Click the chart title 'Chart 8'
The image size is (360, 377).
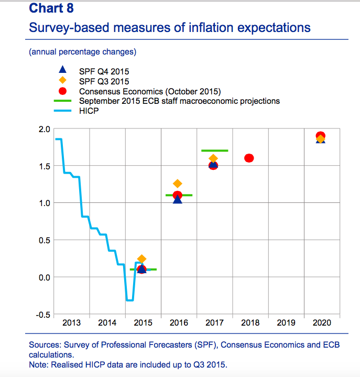pos(51,8)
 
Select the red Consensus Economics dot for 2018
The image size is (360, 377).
pos(249,158)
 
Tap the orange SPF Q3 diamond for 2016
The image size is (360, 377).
pos(178,184)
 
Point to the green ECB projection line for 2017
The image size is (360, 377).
pos(214,150)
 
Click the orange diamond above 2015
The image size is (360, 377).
pos(141,259)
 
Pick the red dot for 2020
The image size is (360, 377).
pos(321,136)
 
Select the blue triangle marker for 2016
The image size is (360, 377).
pos(178,200)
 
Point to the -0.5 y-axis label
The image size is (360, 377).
pos(43,315)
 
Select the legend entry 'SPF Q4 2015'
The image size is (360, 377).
pos(104,71)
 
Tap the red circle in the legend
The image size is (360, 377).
pos(62,91)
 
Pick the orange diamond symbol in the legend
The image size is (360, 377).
pos(62,81)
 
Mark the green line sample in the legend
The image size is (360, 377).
pos(62,101)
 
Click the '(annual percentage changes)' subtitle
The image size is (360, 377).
pos(83,51)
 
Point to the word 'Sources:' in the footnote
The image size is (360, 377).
pos(46,344)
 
